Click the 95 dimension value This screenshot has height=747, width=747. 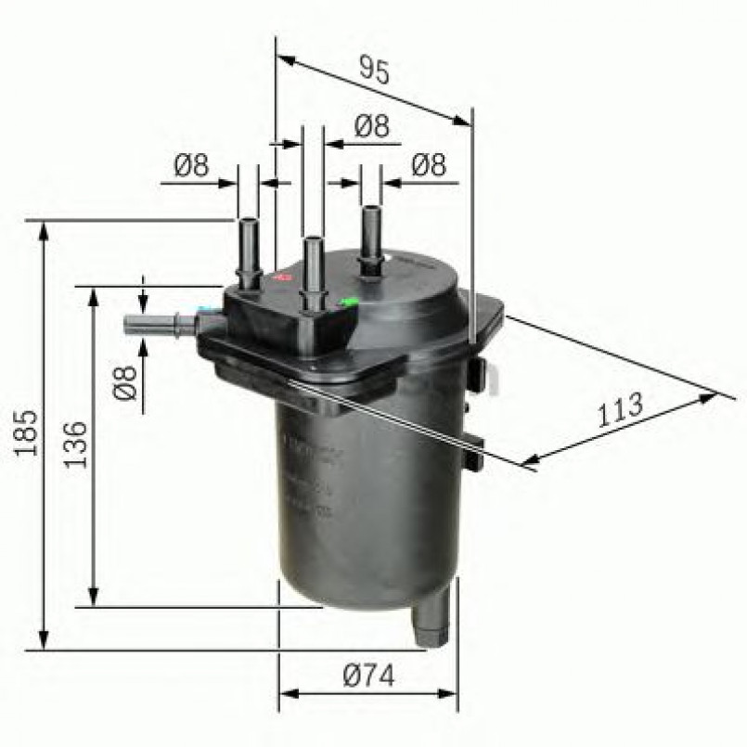pos(373,71)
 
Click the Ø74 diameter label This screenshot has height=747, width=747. pos(368,676)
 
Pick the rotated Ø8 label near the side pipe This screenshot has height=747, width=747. pos(127,381)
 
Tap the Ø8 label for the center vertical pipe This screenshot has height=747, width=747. pos(371,127)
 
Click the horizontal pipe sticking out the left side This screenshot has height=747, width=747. pos(158,325)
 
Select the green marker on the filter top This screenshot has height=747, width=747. pos(350,301)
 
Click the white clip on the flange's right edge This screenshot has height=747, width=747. pos(494,377)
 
